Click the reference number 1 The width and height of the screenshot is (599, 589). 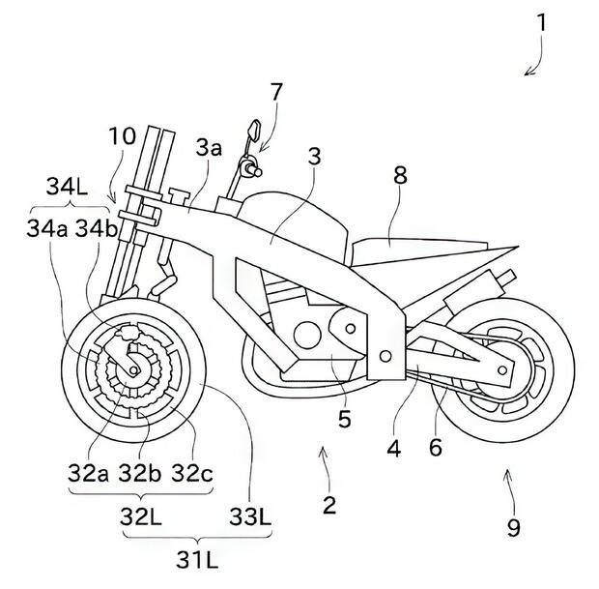point(544,21)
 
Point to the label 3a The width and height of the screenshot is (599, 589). point(210,148)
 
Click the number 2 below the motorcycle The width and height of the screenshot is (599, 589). point(330,503)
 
